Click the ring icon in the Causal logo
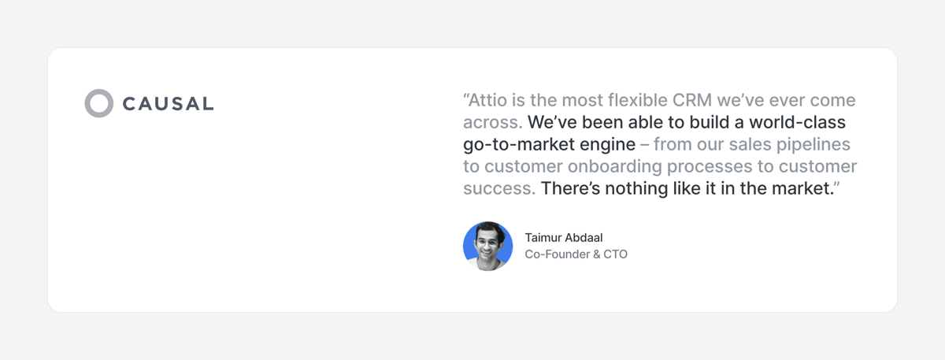tap(99, 103)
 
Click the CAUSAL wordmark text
tap(168, 104)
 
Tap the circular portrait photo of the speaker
tap(487, 247)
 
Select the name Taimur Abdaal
tap(563, 237)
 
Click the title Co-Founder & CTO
tap(576, 254)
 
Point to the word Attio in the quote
tap(489, 101)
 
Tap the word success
tap(498, 189)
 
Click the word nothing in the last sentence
tap(635, 189)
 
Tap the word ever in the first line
tap(793, 101)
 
